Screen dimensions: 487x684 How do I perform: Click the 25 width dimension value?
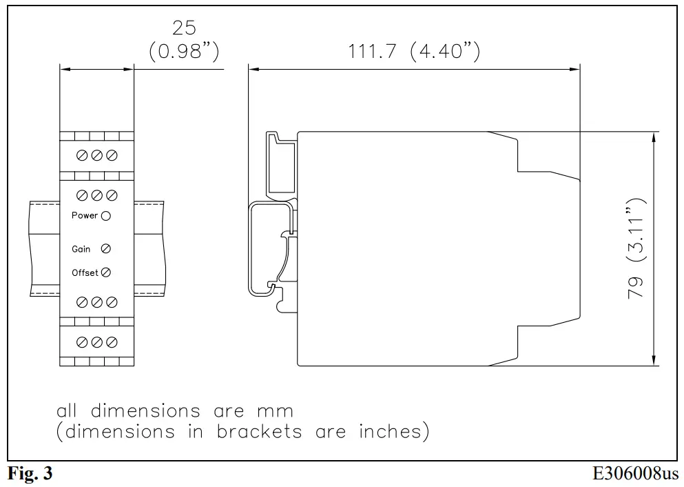point(184,28)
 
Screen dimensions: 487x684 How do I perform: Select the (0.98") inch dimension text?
point(184,52)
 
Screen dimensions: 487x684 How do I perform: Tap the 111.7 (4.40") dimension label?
point(414,52)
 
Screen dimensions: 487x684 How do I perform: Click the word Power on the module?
point(85,216)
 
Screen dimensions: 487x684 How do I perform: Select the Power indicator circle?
point(105,216)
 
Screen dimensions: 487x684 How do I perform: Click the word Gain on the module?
point(81,249)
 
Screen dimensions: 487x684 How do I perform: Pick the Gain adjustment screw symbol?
point(105,248)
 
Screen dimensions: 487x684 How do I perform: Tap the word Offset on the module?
point(85,273)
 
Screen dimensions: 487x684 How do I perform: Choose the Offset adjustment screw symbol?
point(105,272)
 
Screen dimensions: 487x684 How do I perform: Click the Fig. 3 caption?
point(30,475)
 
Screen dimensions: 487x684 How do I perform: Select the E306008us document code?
point(635,475)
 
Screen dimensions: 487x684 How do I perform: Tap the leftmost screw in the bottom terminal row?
point(82,342)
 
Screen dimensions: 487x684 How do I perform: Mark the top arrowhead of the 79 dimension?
point(652,137)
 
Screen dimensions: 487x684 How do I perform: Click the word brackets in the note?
point(260,433)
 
